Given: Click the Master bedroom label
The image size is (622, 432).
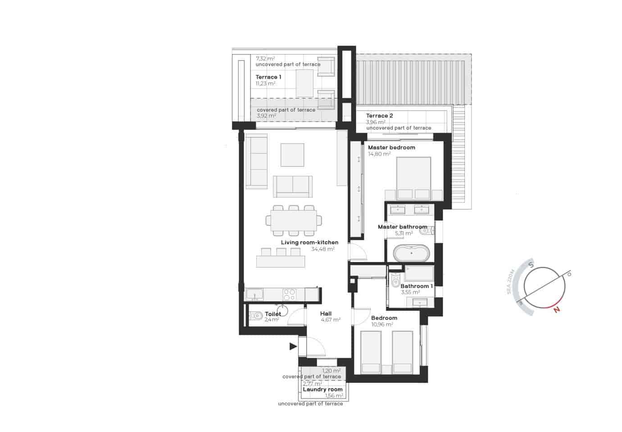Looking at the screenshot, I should tap(391, 148).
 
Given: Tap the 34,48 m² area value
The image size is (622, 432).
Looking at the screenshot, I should tap(322, 249).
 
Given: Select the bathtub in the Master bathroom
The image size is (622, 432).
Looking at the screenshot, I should tap(412, 253).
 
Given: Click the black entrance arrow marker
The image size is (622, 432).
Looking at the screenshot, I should tap(293, 346).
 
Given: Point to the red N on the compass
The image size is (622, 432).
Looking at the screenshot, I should tap(557, 310).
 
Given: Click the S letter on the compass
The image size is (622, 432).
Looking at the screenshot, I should tap(531, 265).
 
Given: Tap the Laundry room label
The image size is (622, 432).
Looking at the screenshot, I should tap(322, 390).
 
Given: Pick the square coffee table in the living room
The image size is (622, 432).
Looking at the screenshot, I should tap(292, 155).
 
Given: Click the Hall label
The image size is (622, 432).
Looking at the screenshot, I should tap(326, 314).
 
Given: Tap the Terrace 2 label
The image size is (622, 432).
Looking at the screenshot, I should tap(379, 116).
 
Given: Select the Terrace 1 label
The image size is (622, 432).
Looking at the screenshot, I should tap(268, 77).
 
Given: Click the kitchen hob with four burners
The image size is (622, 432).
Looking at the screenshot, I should tap(289, 295).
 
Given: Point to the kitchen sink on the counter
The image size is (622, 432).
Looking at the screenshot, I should tap(255, 295).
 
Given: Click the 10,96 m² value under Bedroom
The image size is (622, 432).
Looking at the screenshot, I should tap(382, 324).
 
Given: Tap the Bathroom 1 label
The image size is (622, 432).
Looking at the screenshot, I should tap(416, 286).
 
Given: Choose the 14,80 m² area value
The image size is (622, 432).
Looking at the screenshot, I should tap(379, 154).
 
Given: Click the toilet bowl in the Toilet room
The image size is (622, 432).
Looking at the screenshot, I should tap(255, 316).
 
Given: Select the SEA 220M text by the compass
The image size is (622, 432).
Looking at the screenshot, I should tap(510, 282).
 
